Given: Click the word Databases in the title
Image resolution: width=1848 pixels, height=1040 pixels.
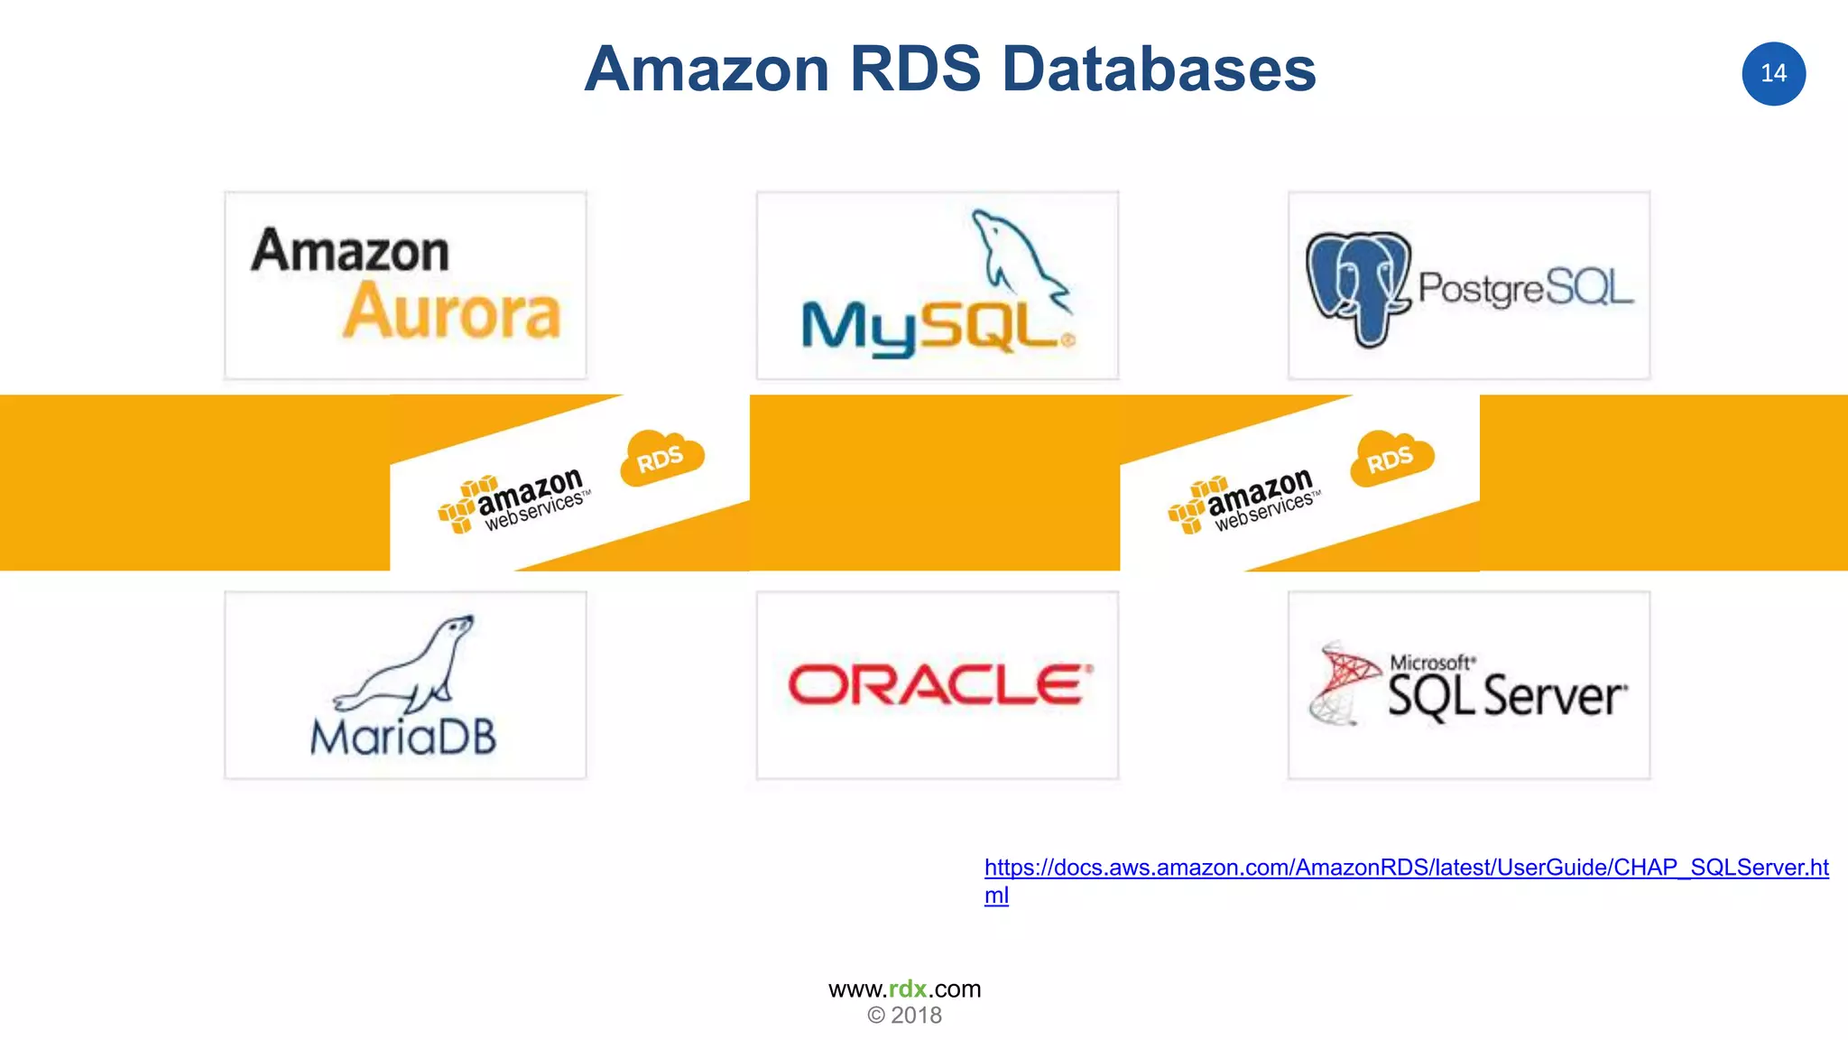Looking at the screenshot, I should click(1159, 70).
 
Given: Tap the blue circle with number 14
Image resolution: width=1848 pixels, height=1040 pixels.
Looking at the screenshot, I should click(1773, 74).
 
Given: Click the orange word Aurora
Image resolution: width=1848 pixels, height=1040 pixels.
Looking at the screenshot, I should click(452, 312).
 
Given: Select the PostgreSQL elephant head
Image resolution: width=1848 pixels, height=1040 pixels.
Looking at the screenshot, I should click(1357, 286).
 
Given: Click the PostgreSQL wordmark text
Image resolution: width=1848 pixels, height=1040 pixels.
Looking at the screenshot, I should click(1525, 288).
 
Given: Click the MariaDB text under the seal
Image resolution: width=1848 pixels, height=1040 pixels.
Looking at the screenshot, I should click(403, 738).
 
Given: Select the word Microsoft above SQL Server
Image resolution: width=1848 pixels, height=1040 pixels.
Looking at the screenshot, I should click(1432, 663).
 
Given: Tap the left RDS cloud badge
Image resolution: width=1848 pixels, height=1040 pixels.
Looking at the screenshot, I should click(661, 459).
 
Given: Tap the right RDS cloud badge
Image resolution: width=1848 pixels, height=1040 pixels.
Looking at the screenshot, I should click(1391, 459).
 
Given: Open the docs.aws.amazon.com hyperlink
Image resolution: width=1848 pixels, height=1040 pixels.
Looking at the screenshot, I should click(1405, 868).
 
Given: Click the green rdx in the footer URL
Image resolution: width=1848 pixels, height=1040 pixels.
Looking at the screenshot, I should click(907, 989).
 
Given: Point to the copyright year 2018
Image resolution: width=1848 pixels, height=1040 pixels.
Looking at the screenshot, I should click(915, 1016).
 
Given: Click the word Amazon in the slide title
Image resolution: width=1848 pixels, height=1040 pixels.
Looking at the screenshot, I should click(707, 70).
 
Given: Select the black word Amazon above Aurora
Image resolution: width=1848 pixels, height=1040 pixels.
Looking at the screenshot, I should click(350, 250).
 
